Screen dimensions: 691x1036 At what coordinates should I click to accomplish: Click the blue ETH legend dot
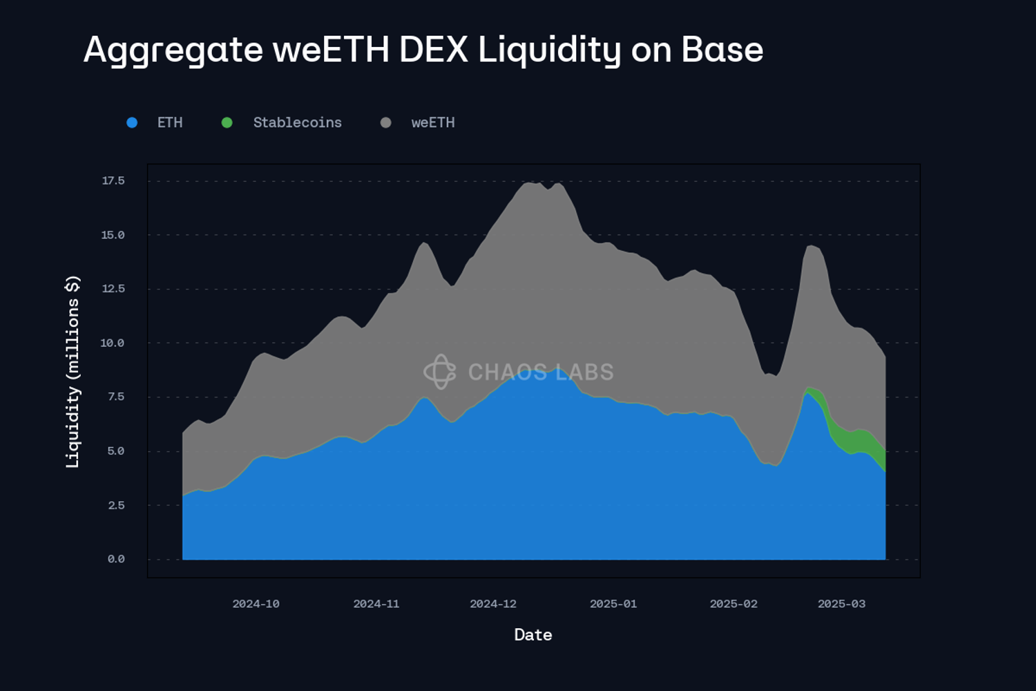[132, 123]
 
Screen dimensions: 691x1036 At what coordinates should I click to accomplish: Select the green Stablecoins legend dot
[227, 123]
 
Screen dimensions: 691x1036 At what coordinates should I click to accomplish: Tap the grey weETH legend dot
[386, 123]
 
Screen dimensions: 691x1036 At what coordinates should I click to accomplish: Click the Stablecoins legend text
[297, 123]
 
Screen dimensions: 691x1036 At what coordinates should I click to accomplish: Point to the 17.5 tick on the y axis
[113, 181]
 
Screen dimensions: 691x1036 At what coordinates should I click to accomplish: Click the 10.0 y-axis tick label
[113, 343]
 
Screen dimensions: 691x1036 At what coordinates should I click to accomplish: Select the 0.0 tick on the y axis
[116, 559]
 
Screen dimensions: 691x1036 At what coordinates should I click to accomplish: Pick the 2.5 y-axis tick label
[116, 505]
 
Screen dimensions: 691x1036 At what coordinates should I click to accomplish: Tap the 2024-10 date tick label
[256, 604]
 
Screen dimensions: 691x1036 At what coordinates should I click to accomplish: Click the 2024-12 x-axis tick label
[493, 604]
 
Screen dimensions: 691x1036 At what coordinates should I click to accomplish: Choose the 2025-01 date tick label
[613, 604]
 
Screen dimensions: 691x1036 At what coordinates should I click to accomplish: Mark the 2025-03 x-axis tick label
[841, 604]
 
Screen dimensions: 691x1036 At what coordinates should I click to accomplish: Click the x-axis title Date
[533, 635]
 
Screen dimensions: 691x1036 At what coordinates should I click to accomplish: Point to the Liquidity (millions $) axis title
[73, 372]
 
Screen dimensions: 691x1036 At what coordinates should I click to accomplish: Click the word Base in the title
[722, 50]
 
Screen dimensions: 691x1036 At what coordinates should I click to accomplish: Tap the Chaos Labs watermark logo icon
[440, 372]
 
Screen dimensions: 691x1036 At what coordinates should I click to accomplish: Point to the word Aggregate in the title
[173, 50]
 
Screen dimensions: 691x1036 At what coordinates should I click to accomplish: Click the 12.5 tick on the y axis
[113, 289]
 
